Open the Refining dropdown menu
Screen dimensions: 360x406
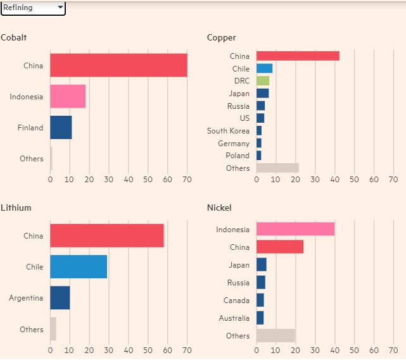(x=33, y=8)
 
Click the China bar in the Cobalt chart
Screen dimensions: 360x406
(x=118, y=65)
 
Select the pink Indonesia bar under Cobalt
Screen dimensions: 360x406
(x=68, y=96)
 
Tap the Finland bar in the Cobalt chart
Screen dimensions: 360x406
(x=61, y=127)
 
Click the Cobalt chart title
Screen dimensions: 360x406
(x=13, y=38)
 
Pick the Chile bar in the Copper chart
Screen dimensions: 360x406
(x=264, y=68)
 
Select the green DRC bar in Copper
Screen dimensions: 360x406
(x=263, y=81)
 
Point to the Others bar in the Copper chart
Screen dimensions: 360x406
(x=277, y=168)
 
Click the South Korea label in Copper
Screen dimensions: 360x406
(x=228, y=131)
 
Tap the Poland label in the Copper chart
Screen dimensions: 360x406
(x=238, y=156)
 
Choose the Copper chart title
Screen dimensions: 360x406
(x=221, y=38)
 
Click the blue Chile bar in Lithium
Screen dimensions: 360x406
(x=79, y=266)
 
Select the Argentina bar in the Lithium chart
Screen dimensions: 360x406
(x=60, y=297)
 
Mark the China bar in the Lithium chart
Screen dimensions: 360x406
(x=107, y=236)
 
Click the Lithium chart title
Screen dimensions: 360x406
(x=16, y=208)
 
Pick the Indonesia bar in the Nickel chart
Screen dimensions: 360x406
(x=295, y=229)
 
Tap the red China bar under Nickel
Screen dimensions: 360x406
(x=280, y=247)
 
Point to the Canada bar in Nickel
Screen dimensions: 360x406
(x=260, y=300)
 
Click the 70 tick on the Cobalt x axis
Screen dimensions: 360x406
(x=187, y=179)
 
